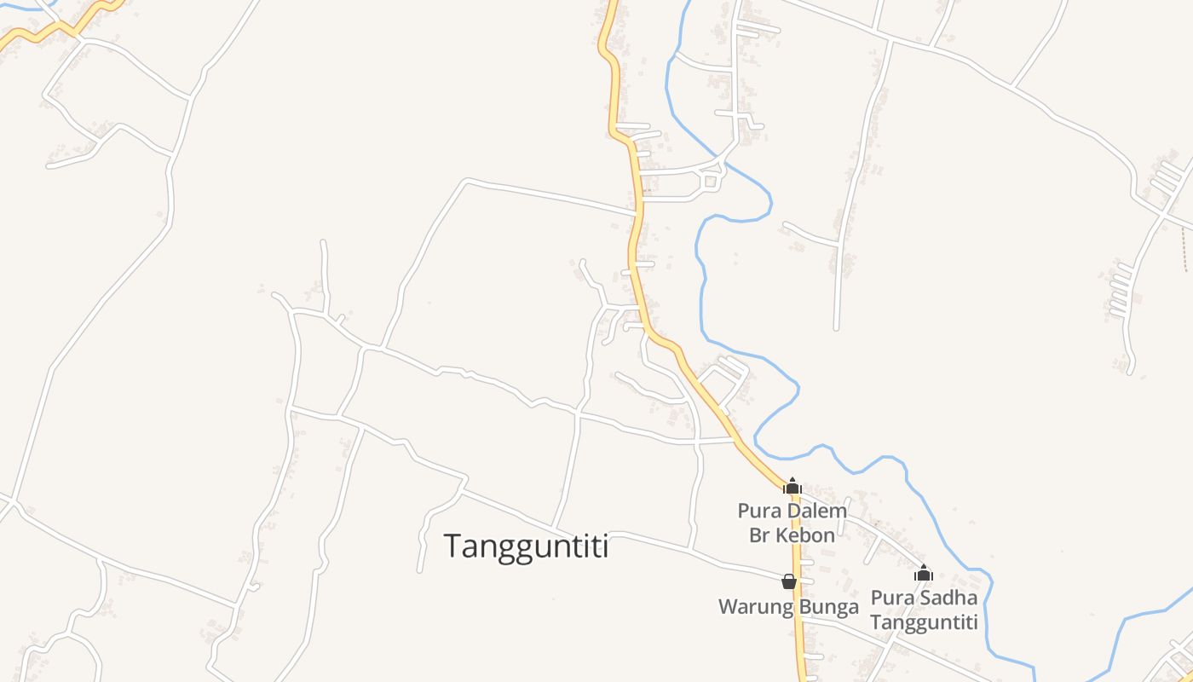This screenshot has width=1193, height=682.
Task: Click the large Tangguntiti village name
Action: pyautogui.click(x=527, y=546)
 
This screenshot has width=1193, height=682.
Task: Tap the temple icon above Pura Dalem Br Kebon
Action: pyautogui.click(x=792, y=486)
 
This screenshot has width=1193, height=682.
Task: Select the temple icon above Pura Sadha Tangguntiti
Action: pyautogui.click(x=924, y=573)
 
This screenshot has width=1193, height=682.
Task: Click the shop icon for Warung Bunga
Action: pyautogui.click(x=789, y=581)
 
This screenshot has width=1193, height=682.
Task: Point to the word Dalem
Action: pyautogui.click(x=816, y=511)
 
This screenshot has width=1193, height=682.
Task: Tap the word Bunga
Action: pyautogui.click(x=829, y=607)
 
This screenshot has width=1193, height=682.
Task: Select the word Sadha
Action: pyautogui.click(x=948, y=598)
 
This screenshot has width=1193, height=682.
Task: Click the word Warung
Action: pyautogui.click(x=753, y=607)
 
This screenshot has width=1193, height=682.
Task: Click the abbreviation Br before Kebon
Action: pyautogui.click(x=759, y=535)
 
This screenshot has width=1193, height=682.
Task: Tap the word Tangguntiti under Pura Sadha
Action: pyautogui.click(x=924, y=622)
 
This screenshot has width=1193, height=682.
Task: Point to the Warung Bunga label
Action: pyautogui.click(x=788, y=607)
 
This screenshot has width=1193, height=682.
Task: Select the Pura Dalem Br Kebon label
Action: pyautogui.click(x=792, y=523)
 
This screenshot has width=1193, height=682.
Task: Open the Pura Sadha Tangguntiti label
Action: pyautogui.click(x=924, y=610)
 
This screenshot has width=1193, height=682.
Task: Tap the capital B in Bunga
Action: pyautogui.click(x=804, y=607)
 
